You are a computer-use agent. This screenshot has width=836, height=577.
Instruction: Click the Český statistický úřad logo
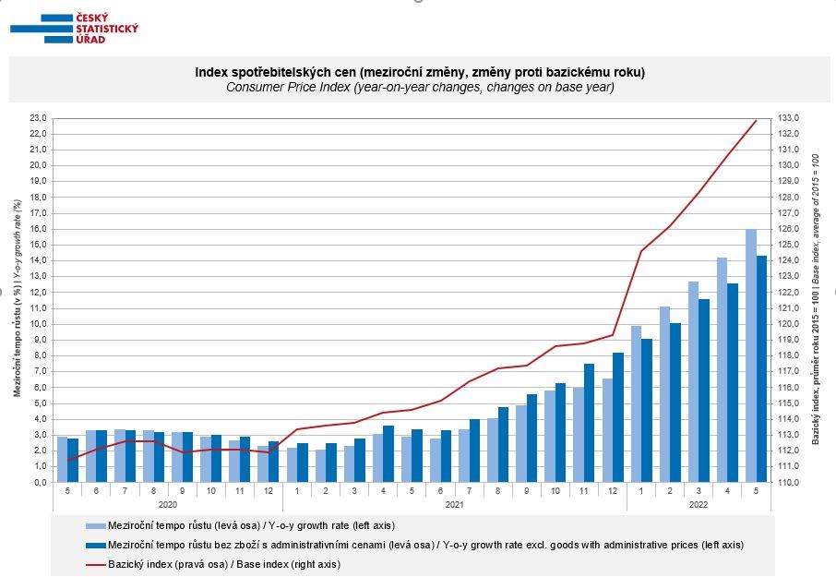point(74,28)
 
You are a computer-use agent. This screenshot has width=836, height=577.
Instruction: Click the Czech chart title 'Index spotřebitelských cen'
point(420,72)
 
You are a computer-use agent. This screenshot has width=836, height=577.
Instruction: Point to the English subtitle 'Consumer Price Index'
point(420,87)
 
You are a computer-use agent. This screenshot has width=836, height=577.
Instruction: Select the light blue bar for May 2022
point(751,355)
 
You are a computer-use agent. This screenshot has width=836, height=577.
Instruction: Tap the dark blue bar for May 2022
point(762,368)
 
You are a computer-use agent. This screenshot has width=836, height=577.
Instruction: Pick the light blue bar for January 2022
point(636,403)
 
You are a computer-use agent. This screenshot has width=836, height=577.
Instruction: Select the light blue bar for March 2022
point(693,381)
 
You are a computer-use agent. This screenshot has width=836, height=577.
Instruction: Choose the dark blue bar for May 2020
point(73,460)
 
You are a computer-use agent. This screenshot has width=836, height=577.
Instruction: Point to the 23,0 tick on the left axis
point(38,118)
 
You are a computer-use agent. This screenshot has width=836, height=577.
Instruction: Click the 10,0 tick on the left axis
point(38,324)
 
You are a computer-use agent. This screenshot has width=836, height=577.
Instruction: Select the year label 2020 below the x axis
point(166,506)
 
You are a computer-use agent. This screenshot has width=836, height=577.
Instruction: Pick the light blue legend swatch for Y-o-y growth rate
point(96,526)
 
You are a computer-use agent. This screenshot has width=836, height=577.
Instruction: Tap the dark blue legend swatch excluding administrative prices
point(96,545)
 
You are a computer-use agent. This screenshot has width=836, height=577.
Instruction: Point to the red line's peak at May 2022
point(757,120)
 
